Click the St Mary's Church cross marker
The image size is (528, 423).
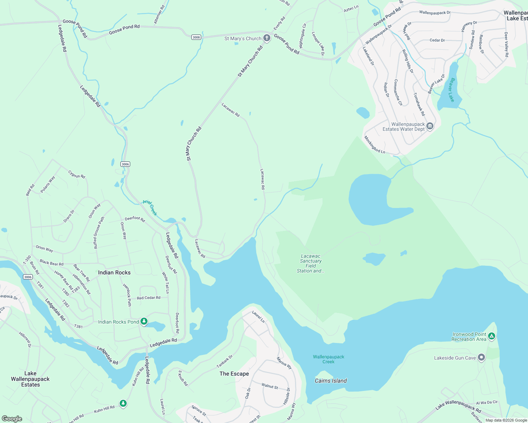coord(267,38)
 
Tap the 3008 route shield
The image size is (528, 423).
coord(196,37)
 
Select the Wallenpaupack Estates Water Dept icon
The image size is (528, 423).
coord(430,126)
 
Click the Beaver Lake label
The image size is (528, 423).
coord(451,90)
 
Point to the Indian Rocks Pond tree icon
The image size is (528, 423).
coord(144,321)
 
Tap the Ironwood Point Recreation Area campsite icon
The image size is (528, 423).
coord(492,336)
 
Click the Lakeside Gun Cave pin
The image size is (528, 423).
coord(481,358)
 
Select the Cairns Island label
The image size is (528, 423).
coord(331,381)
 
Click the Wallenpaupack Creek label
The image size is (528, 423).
coord(328,359)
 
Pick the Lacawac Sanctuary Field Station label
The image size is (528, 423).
coord(311,264)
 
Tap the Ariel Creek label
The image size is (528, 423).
coord(149,208)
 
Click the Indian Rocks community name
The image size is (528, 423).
coord(114,272)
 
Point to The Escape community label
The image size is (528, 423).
coord(234,374)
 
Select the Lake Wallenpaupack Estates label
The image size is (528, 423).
coord(30,379)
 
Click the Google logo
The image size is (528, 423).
coord(12,418)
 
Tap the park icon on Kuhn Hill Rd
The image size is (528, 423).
coord(123,403)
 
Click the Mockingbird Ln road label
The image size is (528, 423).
coord(374,145)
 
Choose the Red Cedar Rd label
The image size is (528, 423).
coord(149,298)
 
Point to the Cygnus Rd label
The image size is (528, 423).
coord(77,174)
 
